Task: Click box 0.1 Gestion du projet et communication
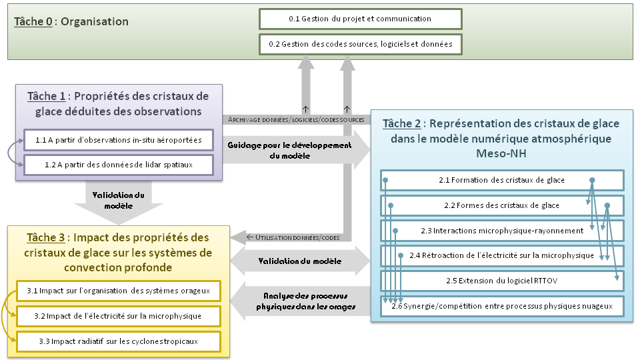click(360, 19)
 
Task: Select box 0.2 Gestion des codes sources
click(360, 44)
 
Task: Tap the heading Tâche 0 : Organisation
click(71, 21)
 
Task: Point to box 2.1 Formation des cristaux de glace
click(501, 181)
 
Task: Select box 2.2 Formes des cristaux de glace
click(501, 205)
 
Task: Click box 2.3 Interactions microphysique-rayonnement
click(501, 231)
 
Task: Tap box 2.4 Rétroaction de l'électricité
click(501, 255)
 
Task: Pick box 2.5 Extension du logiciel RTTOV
click(501, 281)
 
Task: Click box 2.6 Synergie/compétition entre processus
click(501, 305)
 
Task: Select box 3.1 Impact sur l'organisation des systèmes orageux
click(119, 291)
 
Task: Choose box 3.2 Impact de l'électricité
click(119, 315)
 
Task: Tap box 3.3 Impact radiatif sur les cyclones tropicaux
click(119, 341)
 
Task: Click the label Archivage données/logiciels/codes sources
click(296, 119)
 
